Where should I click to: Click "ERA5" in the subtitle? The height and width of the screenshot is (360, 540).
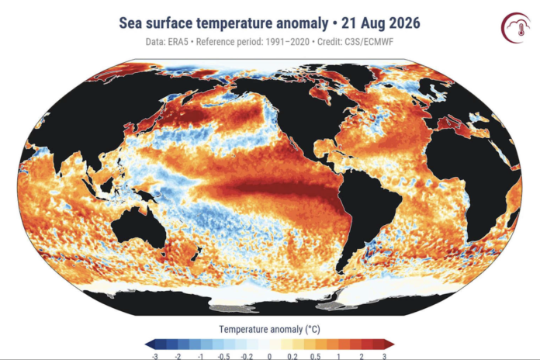[178, 42]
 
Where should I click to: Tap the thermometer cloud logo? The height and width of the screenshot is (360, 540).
[515, 28]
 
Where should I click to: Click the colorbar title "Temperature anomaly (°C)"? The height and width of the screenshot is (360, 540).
[270, 329]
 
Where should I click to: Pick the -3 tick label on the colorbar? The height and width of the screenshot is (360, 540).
[154, 356]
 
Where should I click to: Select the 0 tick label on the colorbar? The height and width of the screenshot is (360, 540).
[270, 356]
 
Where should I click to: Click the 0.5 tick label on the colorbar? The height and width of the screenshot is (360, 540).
[316, 356]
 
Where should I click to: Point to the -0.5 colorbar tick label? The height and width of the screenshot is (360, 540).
[224, 356]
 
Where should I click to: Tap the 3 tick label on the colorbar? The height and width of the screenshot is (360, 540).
[384, 356]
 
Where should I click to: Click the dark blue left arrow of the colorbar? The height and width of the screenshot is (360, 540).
[151, 344]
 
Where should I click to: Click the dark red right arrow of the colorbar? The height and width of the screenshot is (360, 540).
[389, 344]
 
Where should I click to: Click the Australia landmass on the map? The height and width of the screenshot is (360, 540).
[138, 227]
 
